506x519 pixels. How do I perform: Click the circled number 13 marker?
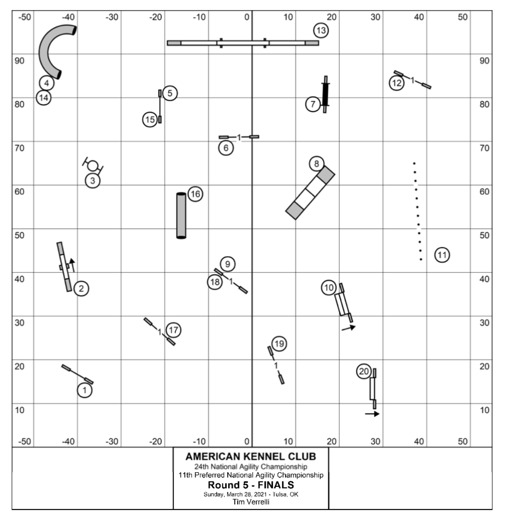[321, 30]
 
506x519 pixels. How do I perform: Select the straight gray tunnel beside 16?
[181, 216]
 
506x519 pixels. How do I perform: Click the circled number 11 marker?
[442, 255]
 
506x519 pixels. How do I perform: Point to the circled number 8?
[317, 164]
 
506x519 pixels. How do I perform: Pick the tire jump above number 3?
[93, 165]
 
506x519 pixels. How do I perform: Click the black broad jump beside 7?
[325, 94]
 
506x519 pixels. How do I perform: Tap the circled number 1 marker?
[85, 390]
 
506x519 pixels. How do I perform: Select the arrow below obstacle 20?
[372, 414]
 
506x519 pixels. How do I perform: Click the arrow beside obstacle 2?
[72, 266]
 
